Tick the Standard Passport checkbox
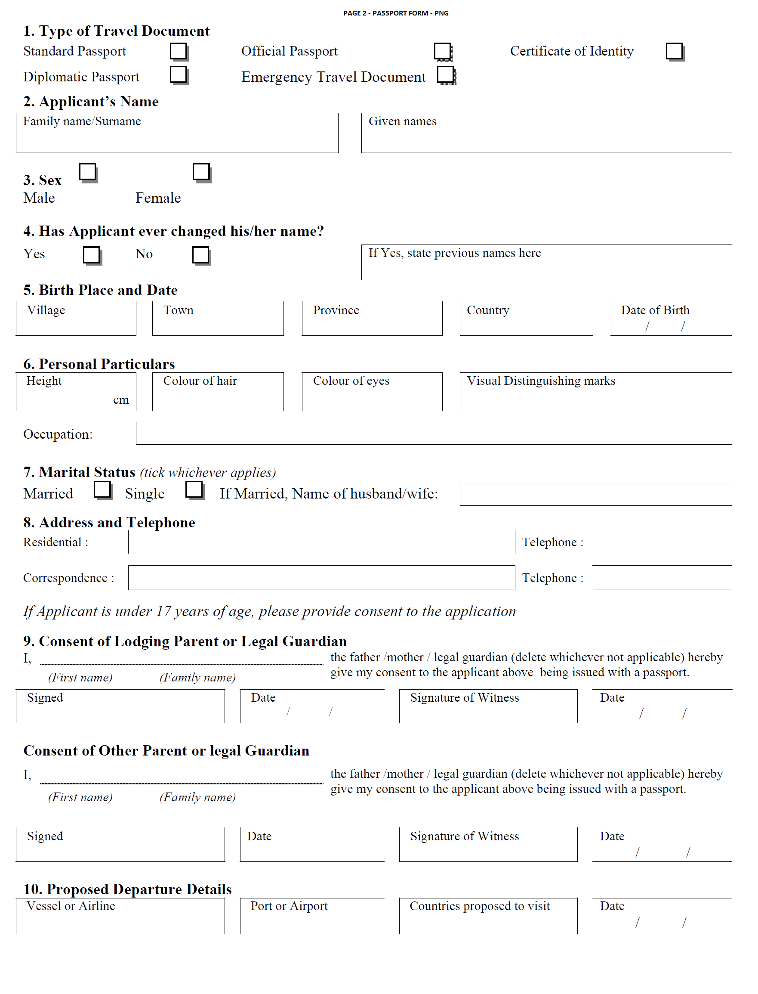pyautogui.click(x=178, y=51)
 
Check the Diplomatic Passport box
pyautogui.click(x=178, y=74)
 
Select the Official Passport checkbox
pyautogui.click(x=442, y=51)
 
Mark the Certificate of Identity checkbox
pyautogui.click(x=674, y=51)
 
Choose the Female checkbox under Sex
pyautogui.click(x=201, y=172)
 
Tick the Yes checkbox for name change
pyautogui.click(x=92, y=255)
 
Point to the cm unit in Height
pyautogui.click(x=121, y=400)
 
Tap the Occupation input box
pyautogui.click(x=433, y=434)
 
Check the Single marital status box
pyautogui.click(x=194, y=490)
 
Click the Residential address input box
pyautogui.click(x=321, y=542)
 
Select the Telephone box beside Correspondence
pyautogui.click(x=662, y=577)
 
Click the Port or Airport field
pyautogui.click(x=312, y=916)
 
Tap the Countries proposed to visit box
pyautogui.click(x=488, y=916)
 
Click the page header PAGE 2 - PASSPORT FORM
pyautogui.click(x=396, y=13)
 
